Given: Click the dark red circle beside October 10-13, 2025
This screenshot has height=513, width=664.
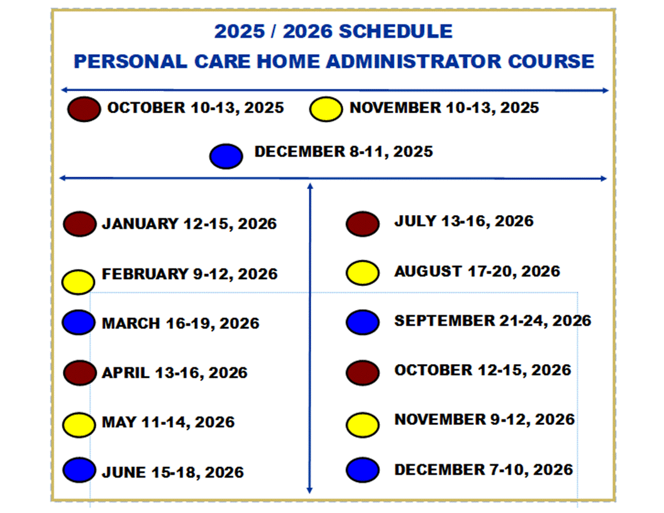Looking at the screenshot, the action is pyautogui.click(x=84, y=109).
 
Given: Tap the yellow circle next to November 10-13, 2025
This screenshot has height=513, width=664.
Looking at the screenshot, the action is pyautogui.click(x=326, y=109).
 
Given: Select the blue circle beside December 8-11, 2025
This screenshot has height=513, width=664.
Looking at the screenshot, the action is pyautogui.click(x=226, y=156).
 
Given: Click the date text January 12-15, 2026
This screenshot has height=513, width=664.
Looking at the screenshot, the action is pyautogui.click(x=189, y=224).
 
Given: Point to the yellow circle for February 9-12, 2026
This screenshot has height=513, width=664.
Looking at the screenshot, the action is pyautogui.click(x=78, y=282).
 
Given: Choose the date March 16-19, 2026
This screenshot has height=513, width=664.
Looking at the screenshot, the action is pyautogui.click(x=181, y=323).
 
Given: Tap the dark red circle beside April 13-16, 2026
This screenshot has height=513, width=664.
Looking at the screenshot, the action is pyautogui.click(x=80, y=373).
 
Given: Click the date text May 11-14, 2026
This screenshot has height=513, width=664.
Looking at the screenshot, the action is pyautogui.click(x=169, y=422).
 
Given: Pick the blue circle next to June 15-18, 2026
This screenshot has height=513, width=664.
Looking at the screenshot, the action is pyautogui.click(x=79, y=470).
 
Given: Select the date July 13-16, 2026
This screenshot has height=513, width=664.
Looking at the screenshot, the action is pyautogui.click(x=464, y=221).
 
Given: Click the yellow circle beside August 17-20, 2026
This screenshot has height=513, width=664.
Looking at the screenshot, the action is pyautogui.click(x=362, y=273).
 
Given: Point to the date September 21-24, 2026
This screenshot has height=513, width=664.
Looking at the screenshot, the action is pyautogui.click(x=493, y=321).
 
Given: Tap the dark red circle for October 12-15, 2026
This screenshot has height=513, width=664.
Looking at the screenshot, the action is pyautogui.click(x=362, y=373).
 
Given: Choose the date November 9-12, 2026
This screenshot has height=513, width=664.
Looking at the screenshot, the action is pyautogui.click(x=485, y=420).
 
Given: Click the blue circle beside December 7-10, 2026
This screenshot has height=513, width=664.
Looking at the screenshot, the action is pyautogui.click(x=362, y=470).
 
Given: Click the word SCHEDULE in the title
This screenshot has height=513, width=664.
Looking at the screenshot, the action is pyautogui.click(x=396, y=31).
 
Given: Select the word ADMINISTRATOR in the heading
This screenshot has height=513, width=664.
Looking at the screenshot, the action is pyautogui.click(x=414, y=62).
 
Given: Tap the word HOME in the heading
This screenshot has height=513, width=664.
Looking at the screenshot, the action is pyautogui.click(x=289, y=62).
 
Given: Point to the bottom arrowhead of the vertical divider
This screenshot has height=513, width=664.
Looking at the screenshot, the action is pyautogui.click(x=309, y=491).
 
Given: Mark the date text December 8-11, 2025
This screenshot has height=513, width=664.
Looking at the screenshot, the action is pyautogui.click(x=344, y=152).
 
